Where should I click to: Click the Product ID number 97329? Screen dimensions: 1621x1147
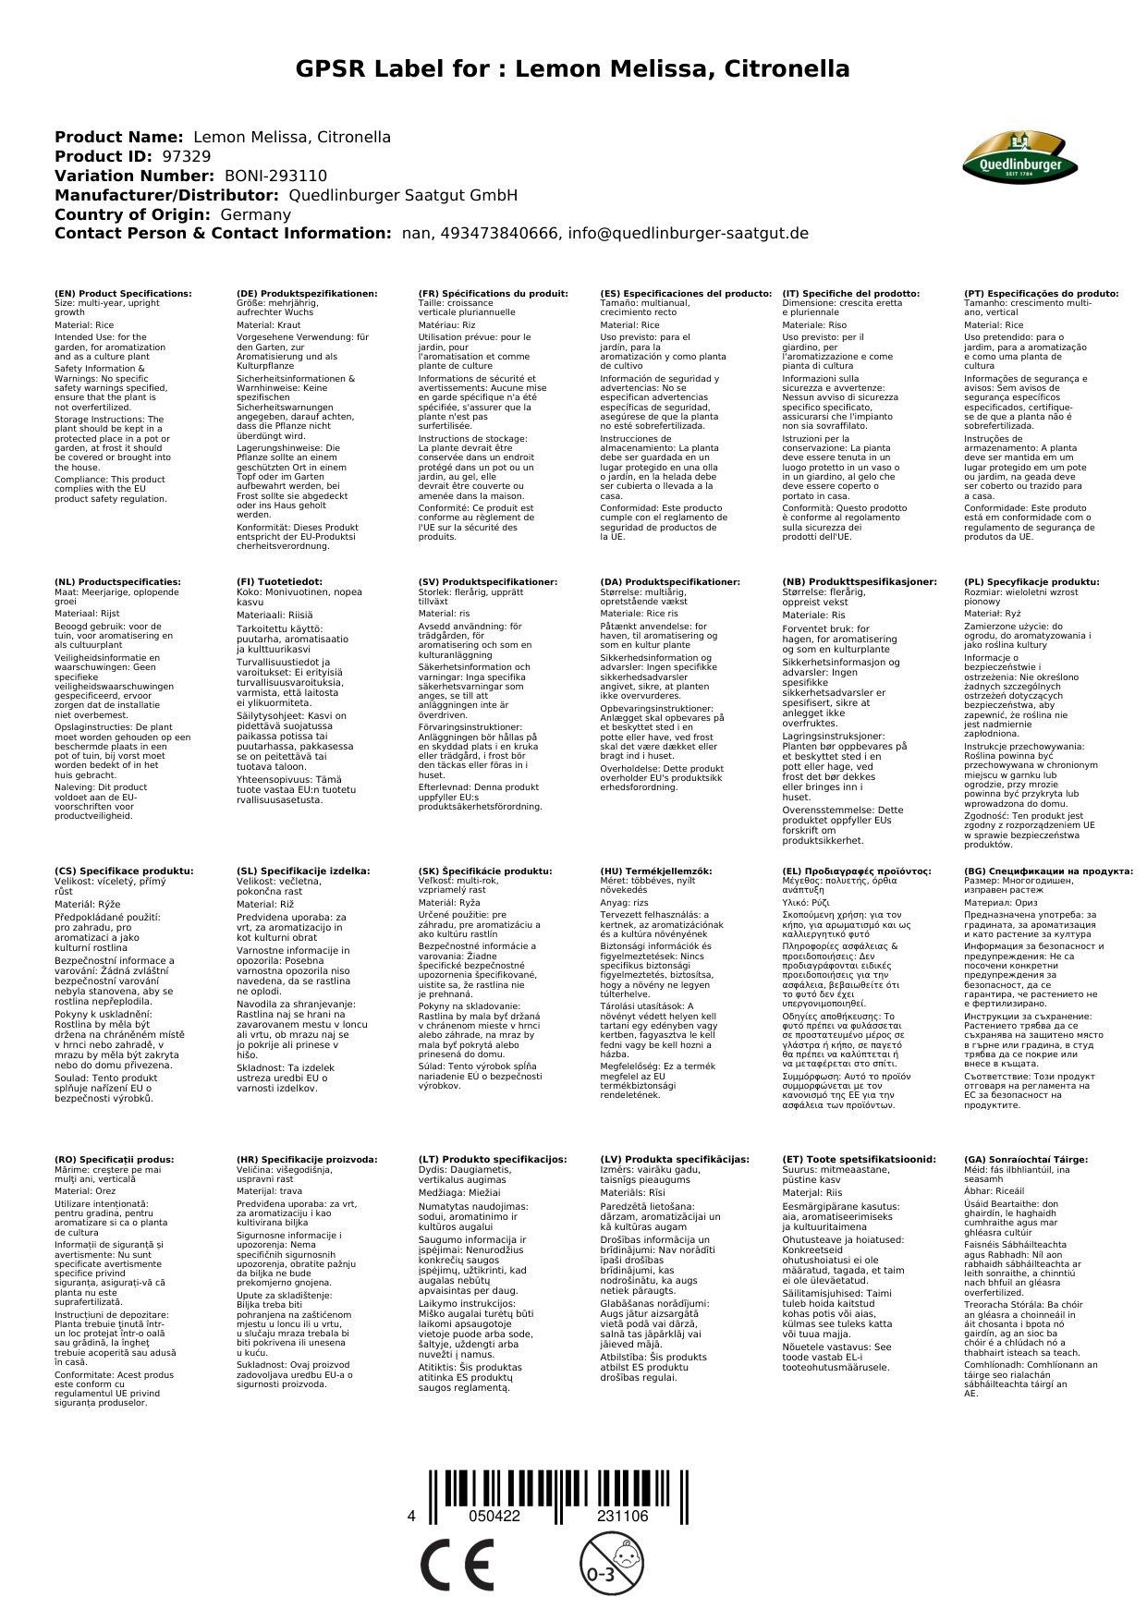pyautogui.click(x=186, y=157)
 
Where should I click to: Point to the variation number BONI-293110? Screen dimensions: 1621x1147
pyautogui.click(x=275, y=177)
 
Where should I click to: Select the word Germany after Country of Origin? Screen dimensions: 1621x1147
pyautogui.click(x=255, y=214)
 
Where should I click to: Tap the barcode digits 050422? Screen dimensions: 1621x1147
pyautogui.click(x=494, y=1517)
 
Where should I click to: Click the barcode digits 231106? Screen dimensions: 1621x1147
pyautogui.click(x=623, y=1517)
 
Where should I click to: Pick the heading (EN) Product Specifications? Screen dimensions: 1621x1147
pyautogui.click(x=123, y=294)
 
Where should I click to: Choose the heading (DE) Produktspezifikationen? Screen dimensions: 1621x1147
pyautogui.click(x=307, y=294)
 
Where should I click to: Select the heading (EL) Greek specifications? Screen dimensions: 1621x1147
pyautogui.click(x=857, y=871)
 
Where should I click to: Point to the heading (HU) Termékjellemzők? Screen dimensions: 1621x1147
pyautogui.click(x=656, y=871)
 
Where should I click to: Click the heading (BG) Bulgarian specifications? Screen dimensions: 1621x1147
pyautogui.click(x=1048, y=871)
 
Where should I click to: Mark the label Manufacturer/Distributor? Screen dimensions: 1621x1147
pyautogui.click(x=166, y=196)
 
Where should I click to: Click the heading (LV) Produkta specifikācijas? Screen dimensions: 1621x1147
pyautogui.click(x=675, y=1159)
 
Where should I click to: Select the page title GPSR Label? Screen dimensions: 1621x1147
pyautogui.click(x=573, y=69)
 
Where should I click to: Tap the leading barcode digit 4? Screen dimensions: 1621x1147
pyautogui.click(x=411, y=1517)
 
